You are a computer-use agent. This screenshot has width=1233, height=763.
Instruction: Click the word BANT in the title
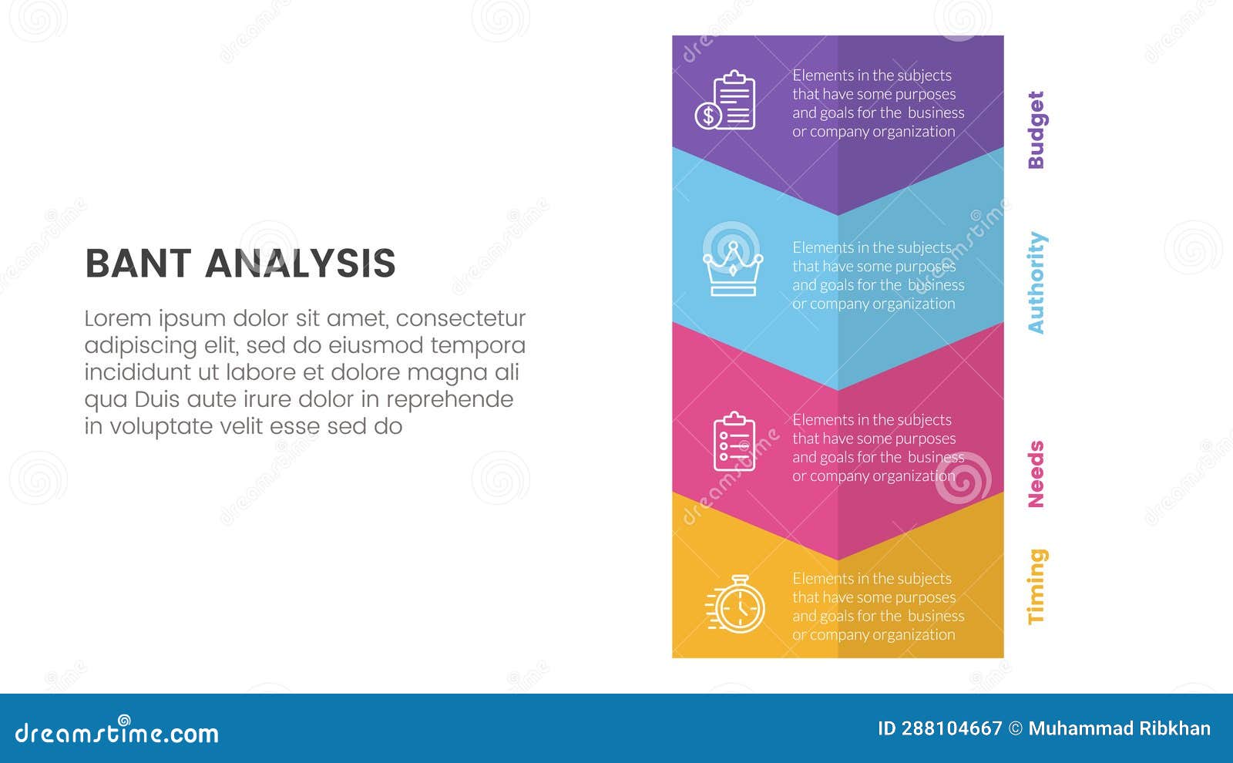click(x=138, y=264)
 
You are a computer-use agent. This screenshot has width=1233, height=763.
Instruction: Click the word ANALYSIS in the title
click(x=301, y=264)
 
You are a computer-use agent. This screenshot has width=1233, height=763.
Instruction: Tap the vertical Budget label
click(x=1036, y=129)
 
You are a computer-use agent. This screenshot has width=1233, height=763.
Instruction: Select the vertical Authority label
click(x=1036, y=283)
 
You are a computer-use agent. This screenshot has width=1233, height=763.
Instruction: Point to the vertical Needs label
click(x=1036, y=474)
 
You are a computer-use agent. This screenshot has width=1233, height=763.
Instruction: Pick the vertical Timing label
click(x=1036, y=586)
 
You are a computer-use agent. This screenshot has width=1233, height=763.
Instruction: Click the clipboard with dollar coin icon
click(x=725, y=100)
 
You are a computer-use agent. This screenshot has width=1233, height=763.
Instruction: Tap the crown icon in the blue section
click(x=732, y=269)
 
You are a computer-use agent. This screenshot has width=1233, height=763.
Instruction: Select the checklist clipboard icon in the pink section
click(x=734, y=441)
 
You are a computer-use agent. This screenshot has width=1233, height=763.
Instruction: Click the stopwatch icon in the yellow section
click(x=736, y=605)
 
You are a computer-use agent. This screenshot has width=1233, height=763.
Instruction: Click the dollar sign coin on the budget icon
click(x=707, y=116)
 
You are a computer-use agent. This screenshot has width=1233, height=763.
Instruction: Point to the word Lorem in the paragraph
click(x=117, y=318)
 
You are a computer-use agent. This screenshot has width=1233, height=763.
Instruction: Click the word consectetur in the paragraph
click(x=461, y=318)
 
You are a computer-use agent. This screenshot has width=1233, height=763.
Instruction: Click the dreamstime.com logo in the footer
click(x=117, y=732)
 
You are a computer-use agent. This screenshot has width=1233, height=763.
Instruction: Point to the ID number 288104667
click(x=951, y=728)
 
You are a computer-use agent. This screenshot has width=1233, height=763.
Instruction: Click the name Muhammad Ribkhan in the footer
click(x=1119, y=728)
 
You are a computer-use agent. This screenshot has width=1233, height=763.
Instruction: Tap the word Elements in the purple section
click(x=822, y=76)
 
